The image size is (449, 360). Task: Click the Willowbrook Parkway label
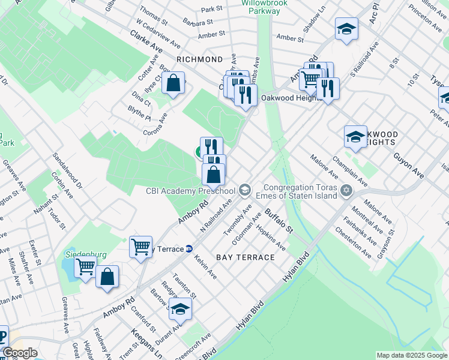(265, 7)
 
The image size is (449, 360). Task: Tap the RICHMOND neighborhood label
(200, 59)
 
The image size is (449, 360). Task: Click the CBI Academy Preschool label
(190, 191)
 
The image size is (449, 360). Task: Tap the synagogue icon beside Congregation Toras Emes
(346, 191)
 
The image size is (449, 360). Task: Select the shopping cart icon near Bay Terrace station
(140, 246)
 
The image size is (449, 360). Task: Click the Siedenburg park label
(85, 254)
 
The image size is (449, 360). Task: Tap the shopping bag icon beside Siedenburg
(107, 277)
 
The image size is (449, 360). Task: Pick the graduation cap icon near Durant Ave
(179, 310)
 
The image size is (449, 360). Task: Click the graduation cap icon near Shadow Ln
(346, 29)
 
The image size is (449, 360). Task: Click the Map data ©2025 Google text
(411, 355)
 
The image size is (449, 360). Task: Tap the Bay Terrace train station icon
(188, 248)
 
